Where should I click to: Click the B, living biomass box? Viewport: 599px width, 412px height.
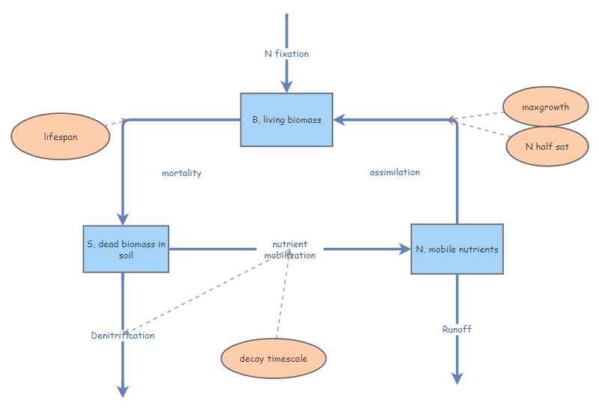(x=286, y=120)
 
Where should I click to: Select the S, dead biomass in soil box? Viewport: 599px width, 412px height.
(x=125, y=249)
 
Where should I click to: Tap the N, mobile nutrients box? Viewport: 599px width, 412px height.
(x=457, y=249)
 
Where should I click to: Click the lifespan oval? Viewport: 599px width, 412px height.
(x=61, y=137)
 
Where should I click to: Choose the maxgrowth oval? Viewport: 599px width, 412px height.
(x=545, y=107)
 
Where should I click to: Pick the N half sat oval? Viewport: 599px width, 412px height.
(x=547, y=146)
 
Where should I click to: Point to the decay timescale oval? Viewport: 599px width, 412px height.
(x=273, y=359)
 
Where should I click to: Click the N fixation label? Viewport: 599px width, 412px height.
(x=286, y=54)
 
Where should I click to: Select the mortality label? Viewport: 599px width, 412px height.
(x=181, y=173)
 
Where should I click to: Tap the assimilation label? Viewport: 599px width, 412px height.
(x=395, y=172)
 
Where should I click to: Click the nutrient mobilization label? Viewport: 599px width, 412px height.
(x=290, y=249)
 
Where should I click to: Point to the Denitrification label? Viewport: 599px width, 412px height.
(x=123, y=336)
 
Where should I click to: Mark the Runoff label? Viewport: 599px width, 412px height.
(x=457, y=329)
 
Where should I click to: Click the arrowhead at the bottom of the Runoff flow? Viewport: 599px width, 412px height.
(x=457, y=378)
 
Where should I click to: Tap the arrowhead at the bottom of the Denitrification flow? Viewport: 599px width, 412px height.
(x=124, y=391)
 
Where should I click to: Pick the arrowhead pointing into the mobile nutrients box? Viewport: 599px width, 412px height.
(x=404, y=249)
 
